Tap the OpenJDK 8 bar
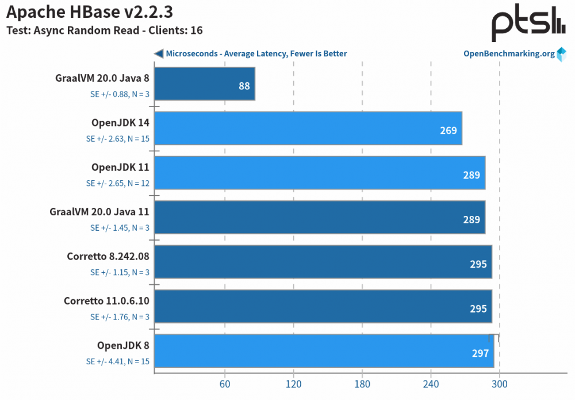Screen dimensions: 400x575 tap(324, 351)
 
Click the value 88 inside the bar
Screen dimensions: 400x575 tap(244, 86)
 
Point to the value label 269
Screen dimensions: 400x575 tap(448, 131)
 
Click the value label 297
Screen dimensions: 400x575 tap(480, 353)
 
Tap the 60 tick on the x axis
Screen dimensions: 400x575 tap(225, 384)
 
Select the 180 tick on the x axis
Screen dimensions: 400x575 tap(362, 384)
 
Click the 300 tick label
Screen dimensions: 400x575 tap(500, 384)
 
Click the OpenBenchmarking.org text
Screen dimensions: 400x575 tap(509, 54)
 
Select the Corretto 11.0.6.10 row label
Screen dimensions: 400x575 tap(106, 301)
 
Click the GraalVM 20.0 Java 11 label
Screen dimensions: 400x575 tap(99, 212)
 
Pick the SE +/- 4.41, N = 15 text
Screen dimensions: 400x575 tap(117, 361)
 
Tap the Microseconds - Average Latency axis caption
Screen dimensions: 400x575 tap(256, 54)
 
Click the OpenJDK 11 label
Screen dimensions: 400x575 tap(120, 167)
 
